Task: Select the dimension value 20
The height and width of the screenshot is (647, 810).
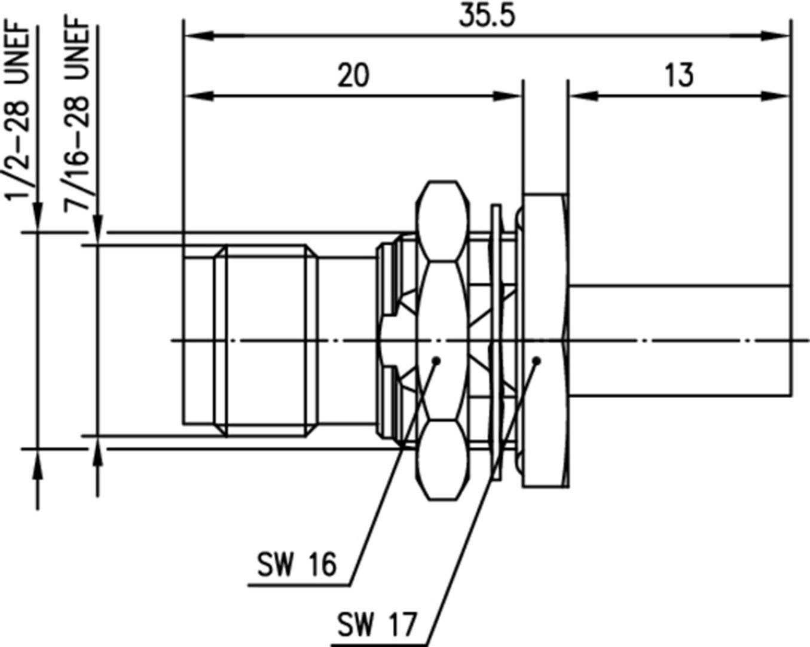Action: click(353, 76)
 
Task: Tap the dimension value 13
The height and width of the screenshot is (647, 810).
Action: click(679, 76)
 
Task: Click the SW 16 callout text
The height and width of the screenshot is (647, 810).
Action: click(297, 564)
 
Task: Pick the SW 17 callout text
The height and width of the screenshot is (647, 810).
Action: click(376, 625)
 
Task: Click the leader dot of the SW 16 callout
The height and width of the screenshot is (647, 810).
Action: click(436, 361)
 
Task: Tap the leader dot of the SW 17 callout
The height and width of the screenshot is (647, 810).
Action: click(536, 361)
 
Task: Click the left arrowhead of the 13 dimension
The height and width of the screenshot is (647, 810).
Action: click(580, 96)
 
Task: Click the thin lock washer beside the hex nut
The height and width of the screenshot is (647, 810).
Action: click(496, 341)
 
